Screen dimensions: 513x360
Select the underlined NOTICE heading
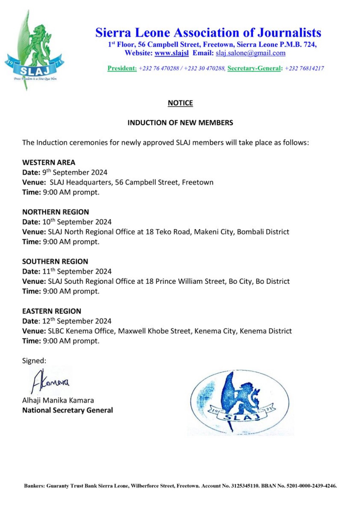180,103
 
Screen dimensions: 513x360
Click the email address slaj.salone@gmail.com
250,53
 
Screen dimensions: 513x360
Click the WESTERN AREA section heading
49,162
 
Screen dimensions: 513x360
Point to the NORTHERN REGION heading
55,212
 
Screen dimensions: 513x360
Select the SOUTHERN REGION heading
55,261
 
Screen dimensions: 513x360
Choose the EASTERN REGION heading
52,311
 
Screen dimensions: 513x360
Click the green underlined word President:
122,68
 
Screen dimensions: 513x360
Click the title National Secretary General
68,410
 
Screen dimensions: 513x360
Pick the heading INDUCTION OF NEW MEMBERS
180,123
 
